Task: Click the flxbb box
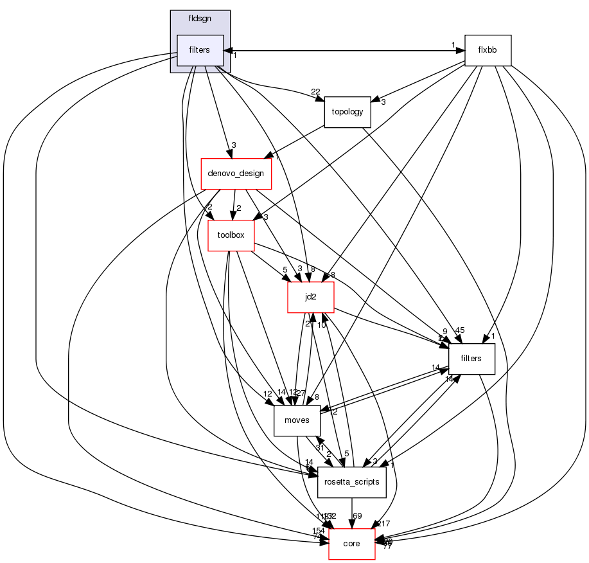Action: (488, 50)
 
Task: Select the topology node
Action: (347, 112)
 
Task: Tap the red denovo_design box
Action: (236, 174)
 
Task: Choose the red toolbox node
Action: (231, 235)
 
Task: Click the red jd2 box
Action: (310, 297)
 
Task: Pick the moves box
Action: (297, 421)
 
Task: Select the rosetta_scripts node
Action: (351, 482)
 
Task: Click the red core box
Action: (351, 544)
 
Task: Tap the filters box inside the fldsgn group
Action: (200, 50)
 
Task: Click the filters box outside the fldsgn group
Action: (471, 359)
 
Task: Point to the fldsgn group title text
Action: (200, 19)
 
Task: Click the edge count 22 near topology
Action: (315, 91)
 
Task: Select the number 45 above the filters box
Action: (459, 331)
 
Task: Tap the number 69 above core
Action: (358, 516)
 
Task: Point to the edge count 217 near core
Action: (383, 524)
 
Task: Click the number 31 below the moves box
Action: (319, 447)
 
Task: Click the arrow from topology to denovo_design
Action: (302, 142)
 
